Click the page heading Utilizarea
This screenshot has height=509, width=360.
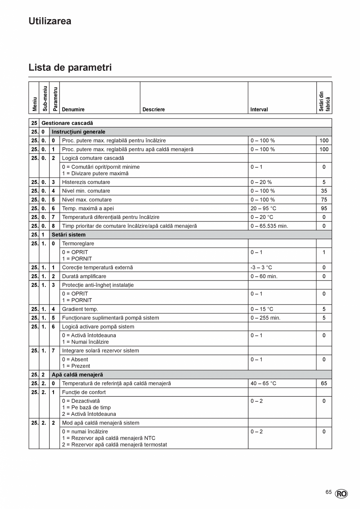[x=50, y=21]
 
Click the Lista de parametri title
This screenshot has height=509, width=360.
[x=70, y=67]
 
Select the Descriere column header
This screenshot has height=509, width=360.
[x=153, y=110]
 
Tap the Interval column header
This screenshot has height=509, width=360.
[x=259, y=110]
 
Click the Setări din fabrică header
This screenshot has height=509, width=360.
[x=324, y=101]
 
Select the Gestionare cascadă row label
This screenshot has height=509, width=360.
[x=67, y=123]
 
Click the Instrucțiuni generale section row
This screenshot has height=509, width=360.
[x=78, y=132]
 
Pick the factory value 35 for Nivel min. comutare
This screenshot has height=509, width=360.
[x=324, y=191]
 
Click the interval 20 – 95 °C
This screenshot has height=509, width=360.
[x=263, y=209]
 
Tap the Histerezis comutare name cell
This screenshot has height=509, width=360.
[x=86, y=182]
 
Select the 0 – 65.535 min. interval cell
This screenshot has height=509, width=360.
[x=269, y=226]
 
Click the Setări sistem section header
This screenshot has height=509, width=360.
[x=68, y=235]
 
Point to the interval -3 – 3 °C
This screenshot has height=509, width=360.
[x=261, y=268]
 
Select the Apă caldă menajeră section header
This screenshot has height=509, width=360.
[x=77, y=375]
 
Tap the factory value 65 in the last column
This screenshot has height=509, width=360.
[x=324, y=383]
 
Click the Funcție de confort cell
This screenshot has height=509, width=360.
[x=84, y=392]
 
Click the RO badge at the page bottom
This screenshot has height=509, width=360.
[x=341, y=494]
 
